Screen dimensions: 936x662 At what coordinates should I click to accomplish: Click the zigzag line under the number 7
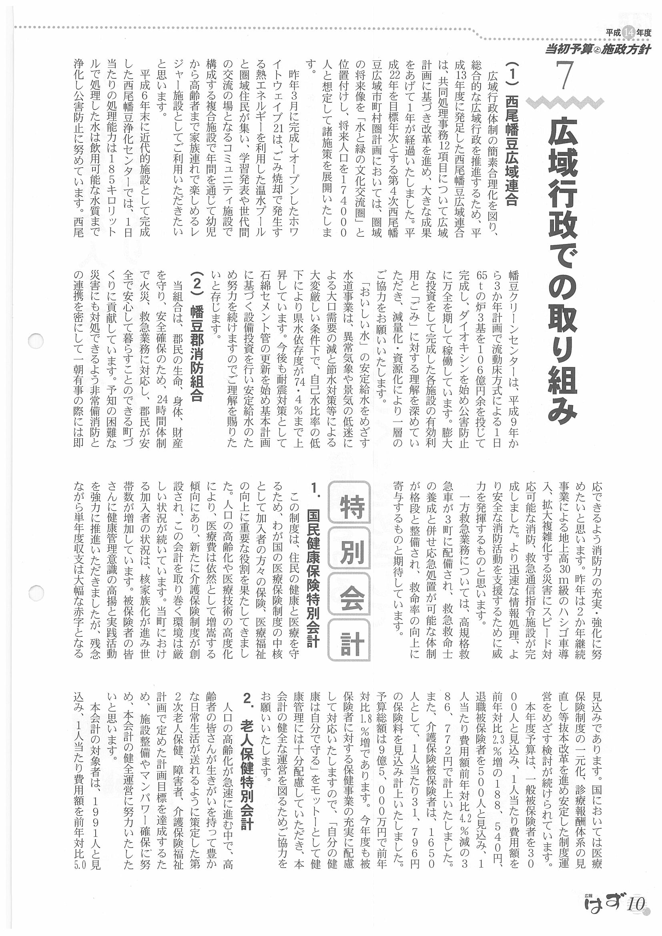click(564, 102)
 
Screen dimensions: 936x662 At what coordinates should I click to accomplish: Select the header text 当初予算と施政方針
click(598, 50)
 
